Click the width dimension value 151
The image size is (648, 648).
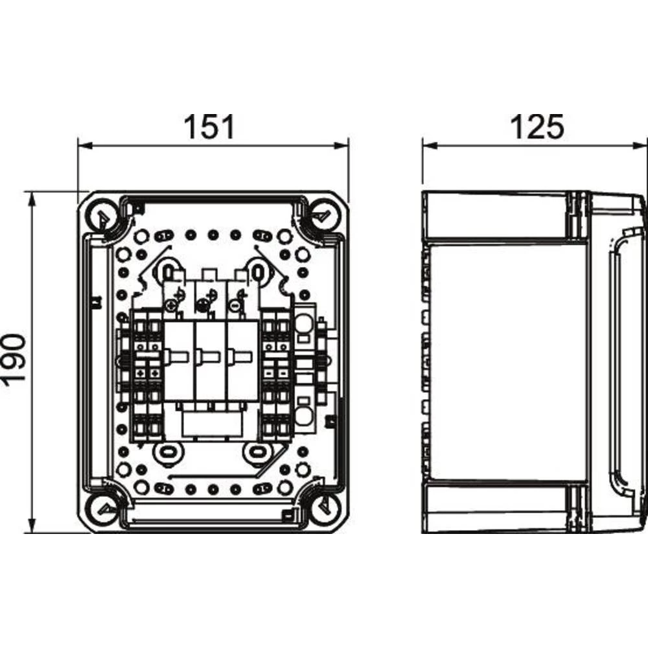pyautogui.click(x=210, y=127)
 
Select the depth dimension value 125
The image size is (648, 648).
pyautogui.click(x=537, y=127)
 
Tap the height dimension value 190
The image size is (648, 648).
pyautogui.click(x=14, y=362)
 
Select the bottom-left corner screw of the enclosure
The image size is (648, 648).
pyautogui.click(x=102, y=509)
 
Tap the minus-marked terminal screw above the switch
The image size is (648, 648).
pyautogui.click(x=234, y=303)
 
